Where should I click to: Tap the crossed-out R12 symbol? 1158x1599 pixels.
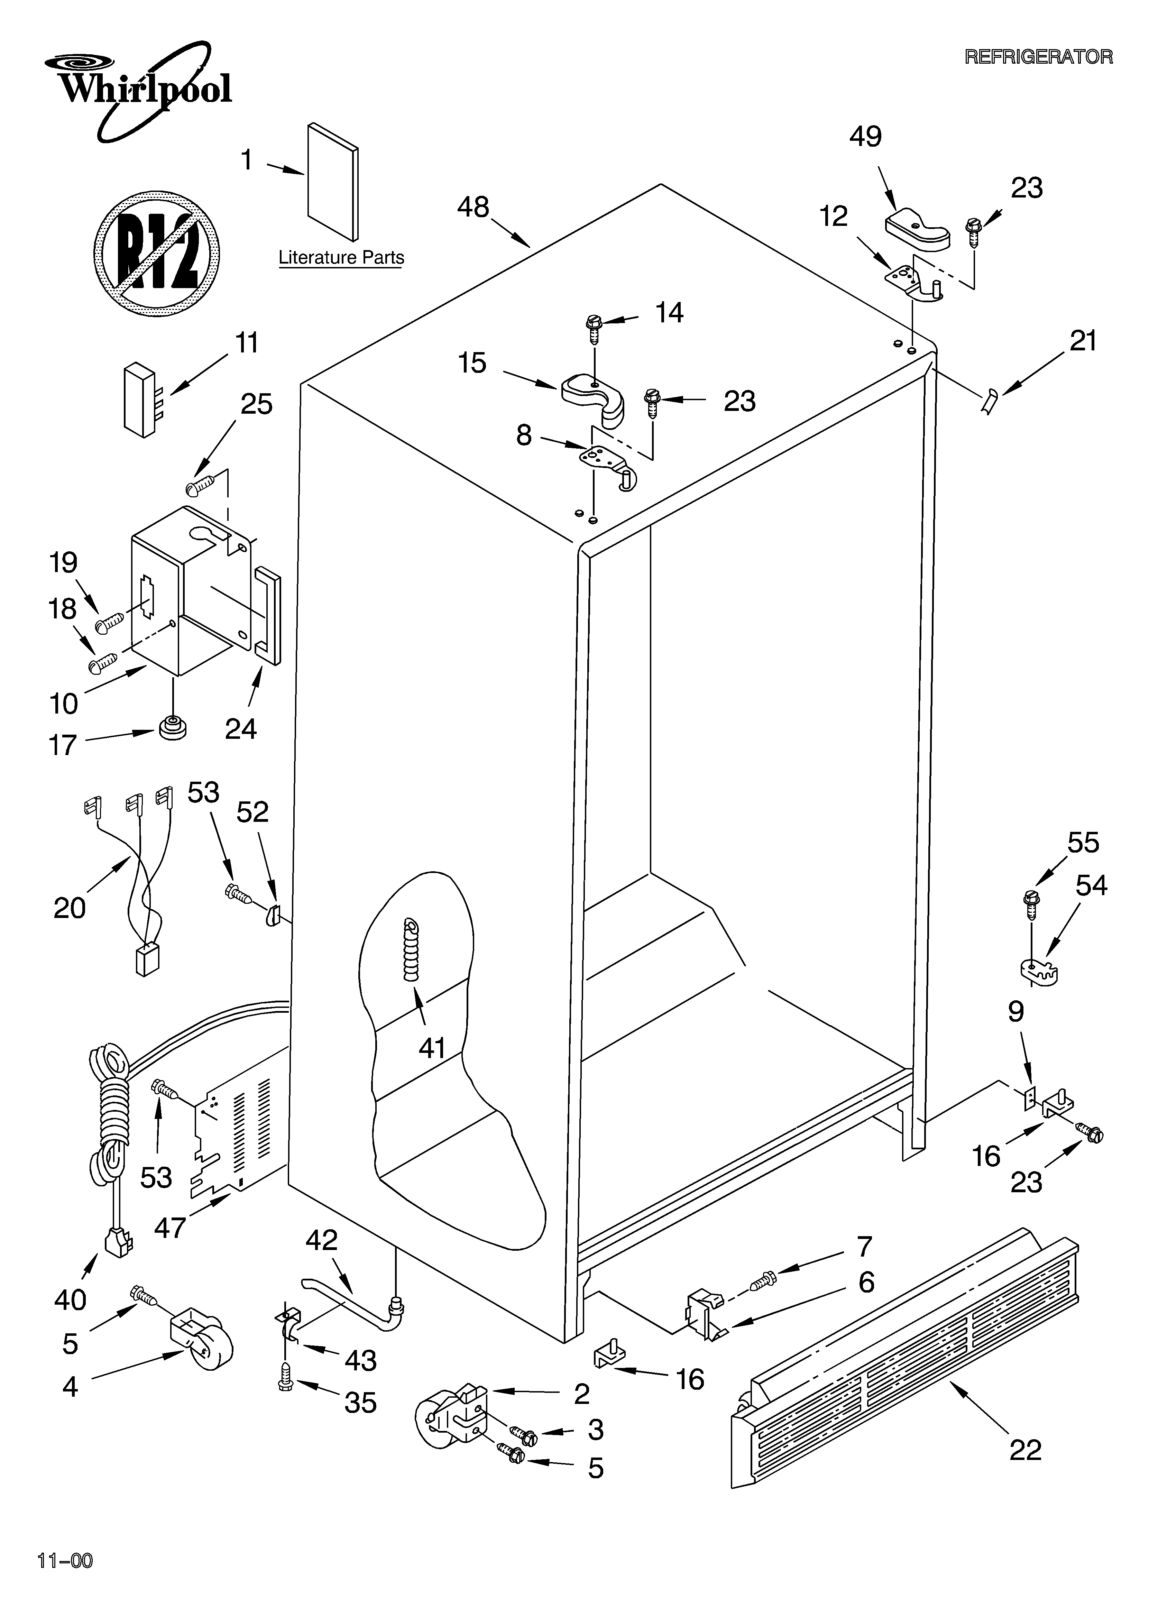tap(157, 252)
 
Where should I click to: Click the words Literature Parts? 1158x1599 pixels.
tap(341, 257)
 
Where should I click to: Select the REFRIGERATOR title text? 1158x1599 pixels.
tap(1038, 57)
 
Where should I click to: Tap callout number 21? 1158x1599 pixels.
tap(1083, 341)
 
